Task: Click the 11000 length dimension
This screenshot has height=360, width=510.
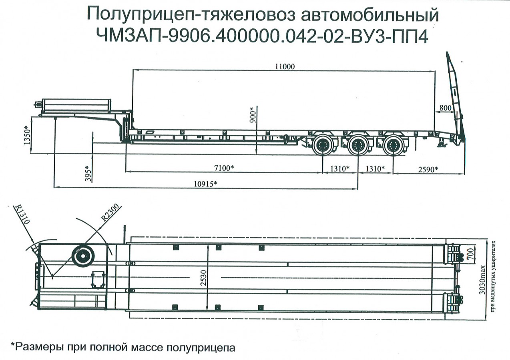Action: point(285,67)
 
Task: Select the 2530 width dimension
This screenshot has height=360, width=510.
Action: point(204,276)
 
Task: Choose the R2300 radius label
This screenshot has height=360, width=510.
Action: point(110,212)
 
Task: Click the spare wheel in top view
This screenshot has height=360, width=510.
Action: point(83,255)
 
